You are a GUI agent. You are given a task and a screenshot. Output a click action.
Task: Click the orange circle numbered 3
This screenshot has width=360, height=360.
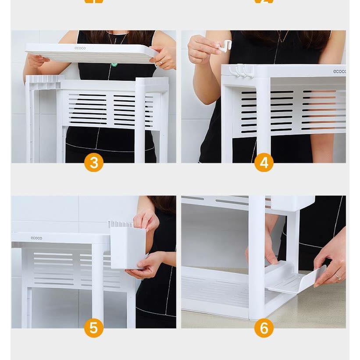pos(93,163)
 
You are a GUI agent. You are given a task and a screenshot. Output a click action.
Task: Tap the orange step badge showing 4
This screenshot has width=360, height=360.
pos(264,163)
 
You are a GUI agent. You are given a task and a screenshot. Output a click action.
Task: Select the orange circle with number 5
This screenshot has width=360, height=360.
pos(93,328)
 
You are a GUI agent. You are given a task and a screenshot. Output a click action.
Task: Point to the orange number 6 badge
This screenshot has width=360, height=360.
pos(264,328)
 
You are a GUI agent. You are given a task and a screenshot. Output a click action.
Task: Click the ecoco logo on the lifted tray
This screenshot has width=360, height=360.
pos(80,48)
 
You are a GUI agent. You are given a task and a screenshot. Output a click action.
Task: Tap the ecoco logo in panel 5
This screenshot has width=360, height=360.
pos(36,238)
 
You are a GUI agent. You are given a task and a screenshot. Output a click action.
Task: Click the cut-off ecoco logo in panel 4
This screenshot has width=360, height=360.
pos(339,71)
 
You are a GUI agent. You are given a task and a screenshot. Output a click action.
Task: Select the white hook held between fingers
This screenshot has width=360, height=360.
pos(226,46)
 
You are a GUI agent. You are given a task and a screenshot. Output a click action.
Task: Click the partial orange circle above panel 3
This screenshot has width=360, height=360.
pos(93,1)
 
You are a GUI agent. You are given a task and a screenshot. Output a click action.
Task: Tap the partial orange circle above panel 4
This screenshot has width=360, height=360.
pos(264,1)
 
